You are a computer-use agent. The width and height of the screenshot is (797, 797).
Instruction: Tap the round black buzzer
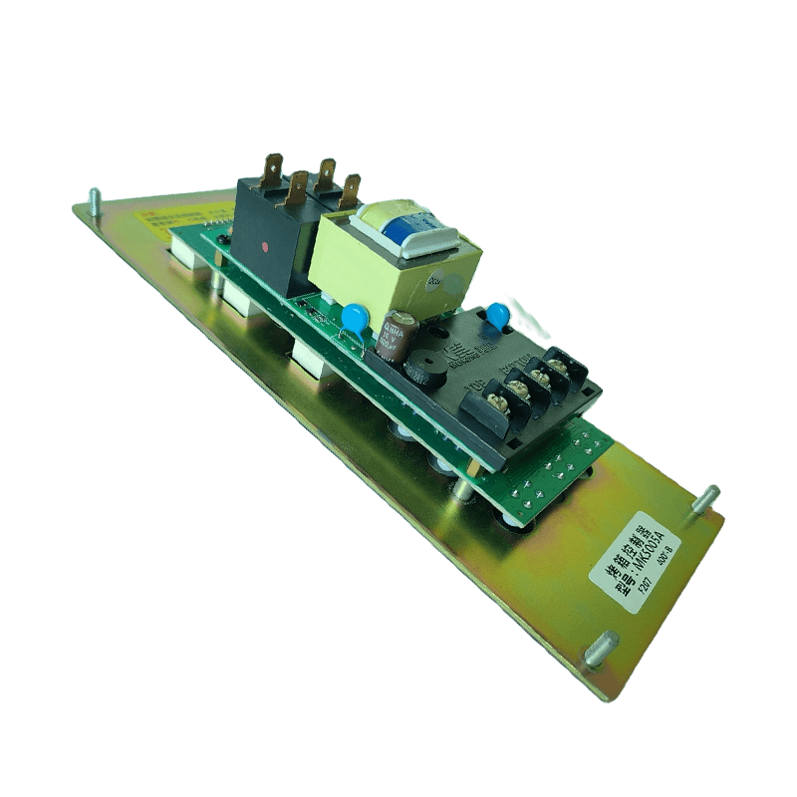(419, 363)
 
